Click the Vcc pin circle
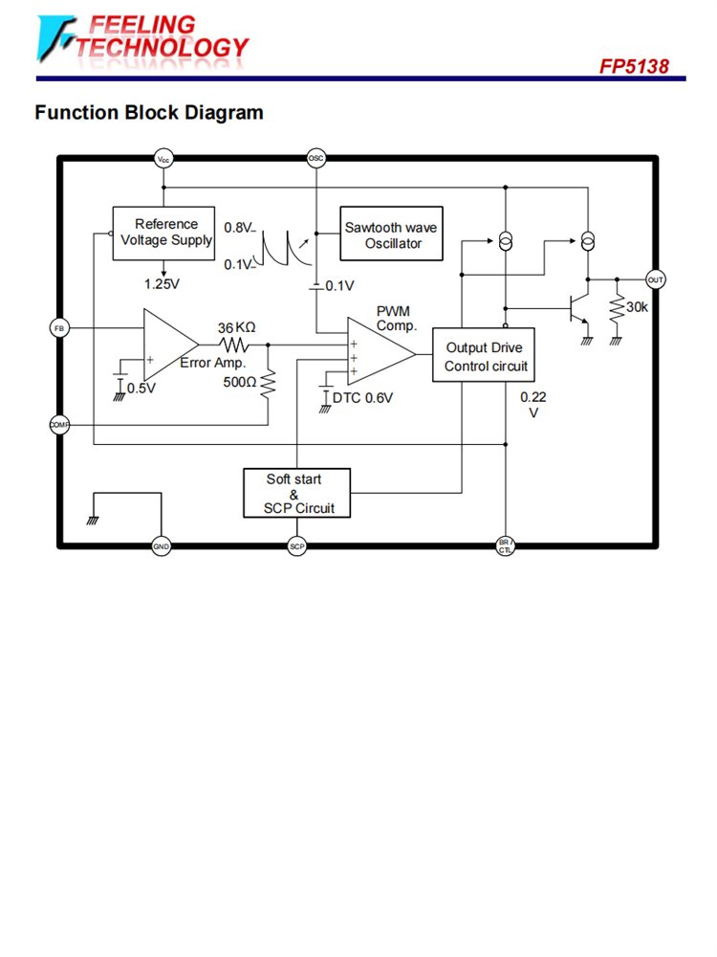[164, 159]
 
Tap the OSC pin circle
[316, 159]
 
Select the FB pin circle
[59, 328]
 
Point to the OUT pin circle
[656, 279]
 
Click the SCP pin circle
[296, 546]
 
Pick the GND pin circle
[161, 546]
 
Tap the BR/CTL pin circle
[506, 546]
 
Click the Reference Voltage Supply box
[162, 233]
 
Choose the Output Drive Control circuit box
[485, 356]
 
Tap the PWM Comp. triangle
[378, 353]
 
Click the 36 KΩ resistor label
[236, 326]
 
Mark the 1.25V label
[162, 284]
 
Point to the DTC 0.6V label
[362, 398]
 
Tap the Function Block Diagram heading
[149, 113]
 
